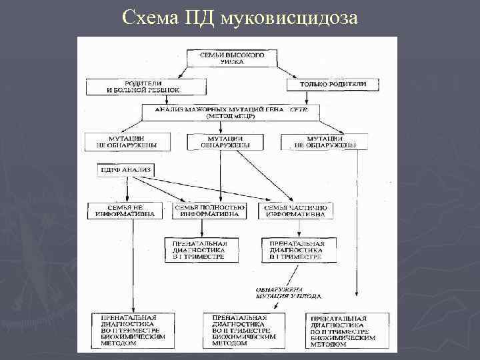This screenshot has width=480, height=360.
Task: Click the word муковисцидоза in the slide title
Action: point(291,17)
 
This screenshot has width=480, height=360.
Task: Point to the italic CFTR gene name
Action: point(297,109)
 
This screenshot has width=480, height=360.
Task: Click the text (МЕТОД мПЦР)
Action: point(229,116)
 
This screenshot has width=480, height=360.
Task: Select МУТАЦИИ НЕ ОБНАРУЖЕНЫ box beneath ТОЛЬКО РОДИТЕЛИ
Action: point(323,141)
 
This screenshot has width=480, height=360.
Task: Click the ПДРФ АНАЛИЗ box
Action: point(125,171)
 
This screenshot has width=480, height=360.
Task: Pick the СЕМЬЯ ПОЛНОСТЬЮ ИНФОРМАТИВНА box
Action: point(210,211)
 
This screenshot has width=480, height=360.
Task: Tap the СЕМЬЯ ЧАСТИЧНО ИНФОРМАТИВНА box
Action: point(296,211)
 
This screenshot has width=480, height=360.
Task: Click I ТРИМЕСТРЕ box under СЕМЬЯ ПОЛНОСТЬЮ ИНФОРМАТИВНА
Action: point(200,250)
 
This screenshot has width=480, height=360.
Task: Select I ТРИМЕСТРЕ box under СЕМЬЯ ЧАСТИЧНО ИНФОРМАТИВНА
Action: point(297,250)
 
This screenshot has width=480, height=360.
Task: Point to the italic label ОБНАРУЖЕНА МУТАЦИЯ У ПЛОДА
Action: point(289,291)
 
